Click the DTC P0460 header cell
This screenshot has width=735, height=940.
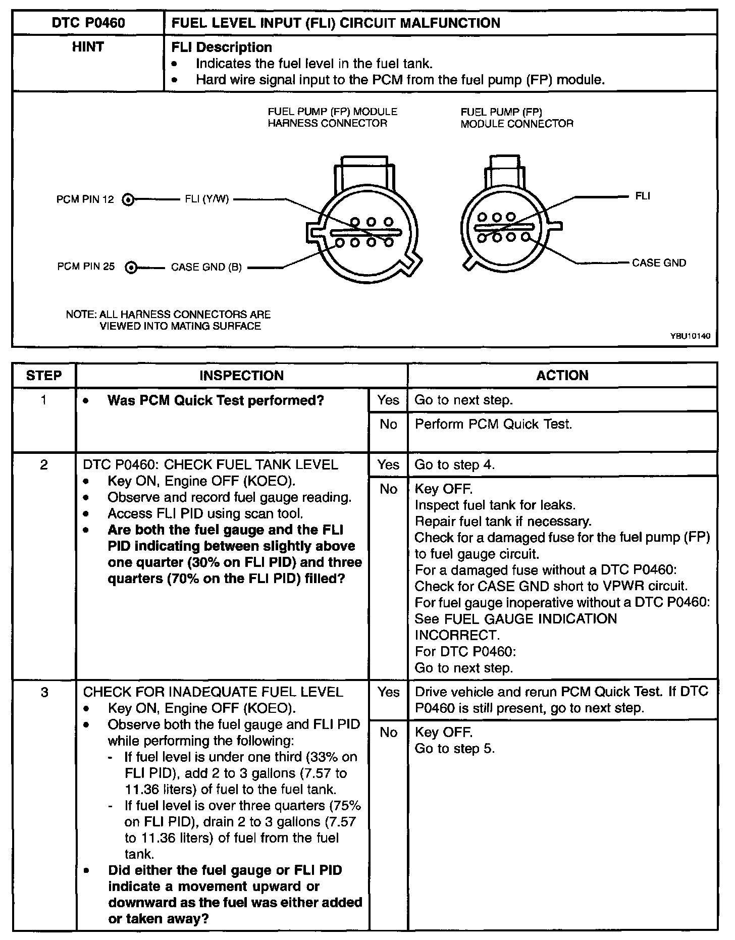88,23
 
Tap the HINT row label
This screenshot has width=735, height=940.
88,47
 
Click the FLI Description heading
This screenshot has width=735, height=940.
222,47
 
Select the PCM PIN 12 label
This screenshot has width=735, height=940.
85,199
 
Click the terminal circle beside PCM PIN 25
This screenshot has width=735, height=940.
131,268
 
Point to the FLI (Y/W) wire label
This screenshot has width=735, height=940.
207,199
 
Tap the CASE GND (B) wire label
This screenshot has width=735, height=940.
206,268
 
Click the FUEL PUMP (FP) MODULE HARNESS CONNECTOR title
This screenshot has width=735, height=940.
332,118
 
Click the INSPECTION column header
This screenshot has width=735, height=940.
241,376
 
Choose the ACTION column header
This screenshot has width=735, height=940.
562,376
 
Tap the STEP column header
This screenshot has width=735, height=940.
44,376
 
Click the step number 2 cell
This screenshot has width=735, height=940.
44,465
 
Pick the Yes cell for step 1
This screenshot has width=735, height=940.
388,400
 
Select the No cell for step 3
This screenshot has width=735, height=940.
388,733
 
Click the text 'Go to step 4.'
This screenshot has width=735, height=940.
454,465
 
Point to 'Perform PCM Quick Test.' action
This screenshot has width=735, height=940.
493,424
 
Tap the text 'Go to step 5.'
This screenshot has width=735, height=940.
454,749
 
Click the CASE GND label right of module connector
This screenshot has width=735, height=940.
659,263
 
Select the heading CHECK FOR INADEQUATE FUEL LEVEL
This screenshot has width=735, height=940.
213,692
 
